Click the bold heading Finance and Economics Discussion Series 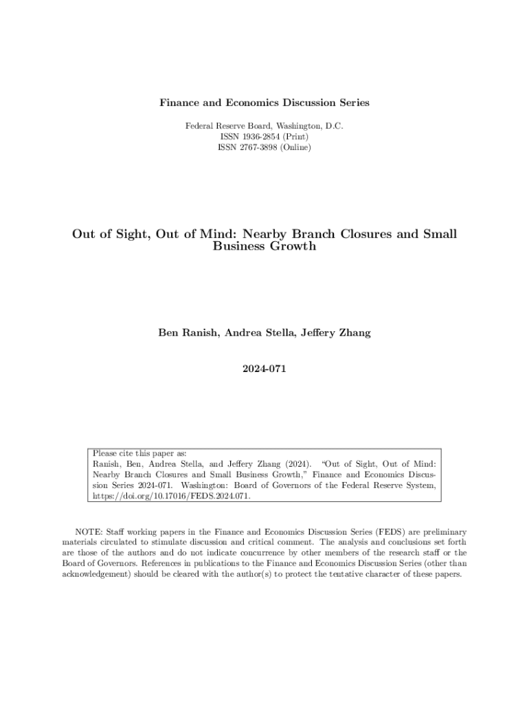(x=264, y=102)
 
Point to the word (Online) (x=295, y=147)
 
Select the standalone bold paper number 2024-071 (x=264, y=369)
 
